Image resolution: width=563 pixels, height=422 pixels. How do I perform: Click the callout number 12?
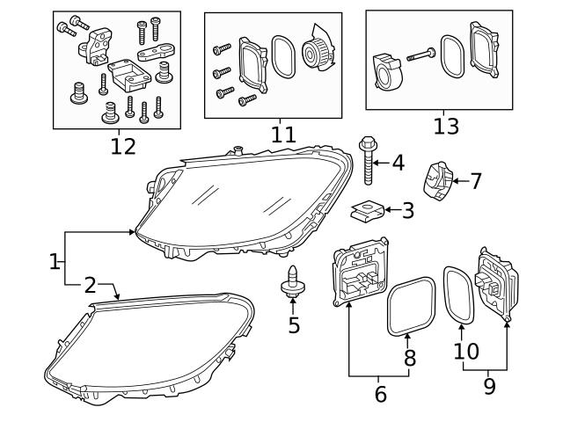point(123,146)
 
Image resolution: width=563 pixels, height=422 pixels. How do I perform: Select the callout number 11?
point(283,135)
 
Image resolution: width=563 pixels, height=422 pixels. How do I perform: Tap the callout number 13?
point(446,126)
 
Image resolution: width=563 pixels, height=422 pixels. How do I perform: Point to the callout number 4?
point(398,163)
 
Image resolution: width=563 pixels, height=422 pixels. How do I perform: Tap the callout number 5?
point(294,325)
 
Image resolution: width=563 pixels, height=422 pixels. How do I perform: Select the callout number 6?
point(380,394)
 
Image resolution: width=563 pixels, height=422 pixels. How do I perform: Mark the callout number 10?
point(466,352)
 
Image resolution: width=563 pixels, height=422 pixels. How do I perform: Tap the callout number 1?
point(55,261)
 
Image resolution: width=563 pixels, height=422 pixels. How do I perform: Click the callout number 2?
point(90,284)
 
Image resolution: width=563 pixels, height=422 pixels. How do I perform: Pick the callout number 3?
point(407,210)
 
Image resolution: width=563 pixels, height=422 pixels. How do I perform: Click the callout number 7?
point(475,181)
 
